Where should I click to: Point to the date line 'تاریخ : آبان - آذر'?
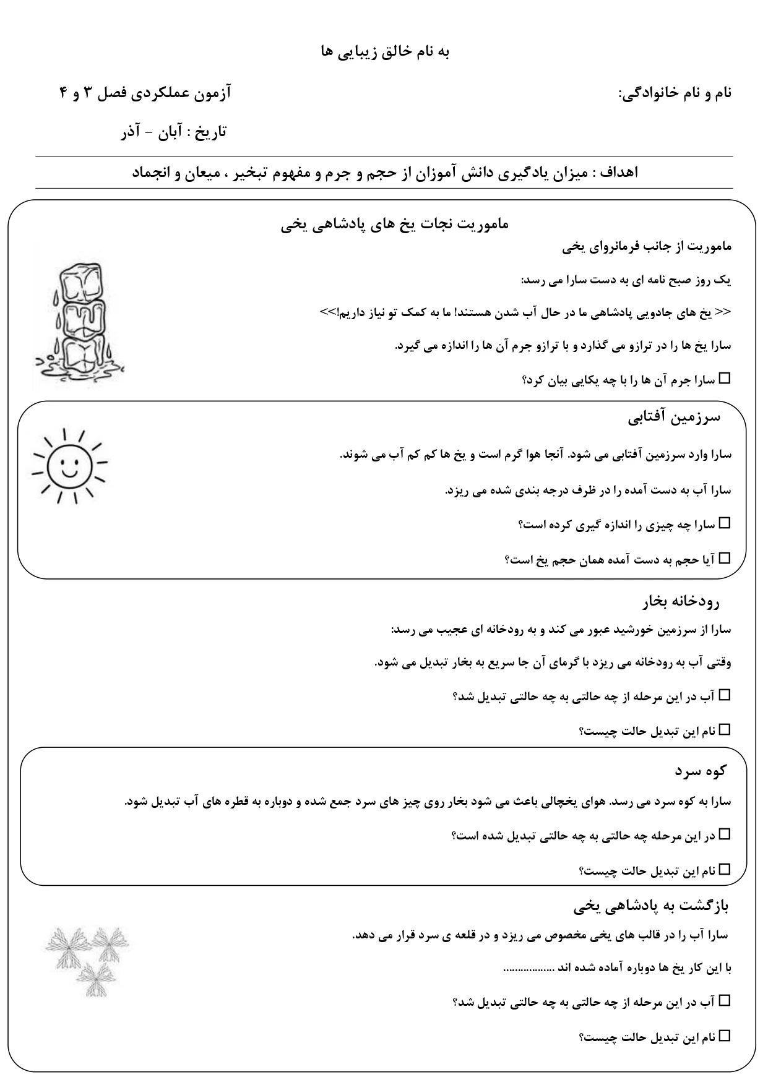coord(174,132)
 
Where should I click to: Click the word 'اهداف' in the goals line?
coord(619,173)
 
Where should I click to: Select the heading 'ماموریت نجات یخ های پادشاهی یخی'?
coord(395,225)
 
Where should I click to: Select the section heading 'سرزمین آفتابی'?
coord(674,418)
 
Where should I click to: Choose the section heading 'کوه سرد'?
coord(700,771)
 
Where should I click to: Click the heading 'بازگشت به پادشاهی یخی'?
coord(651,907)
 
